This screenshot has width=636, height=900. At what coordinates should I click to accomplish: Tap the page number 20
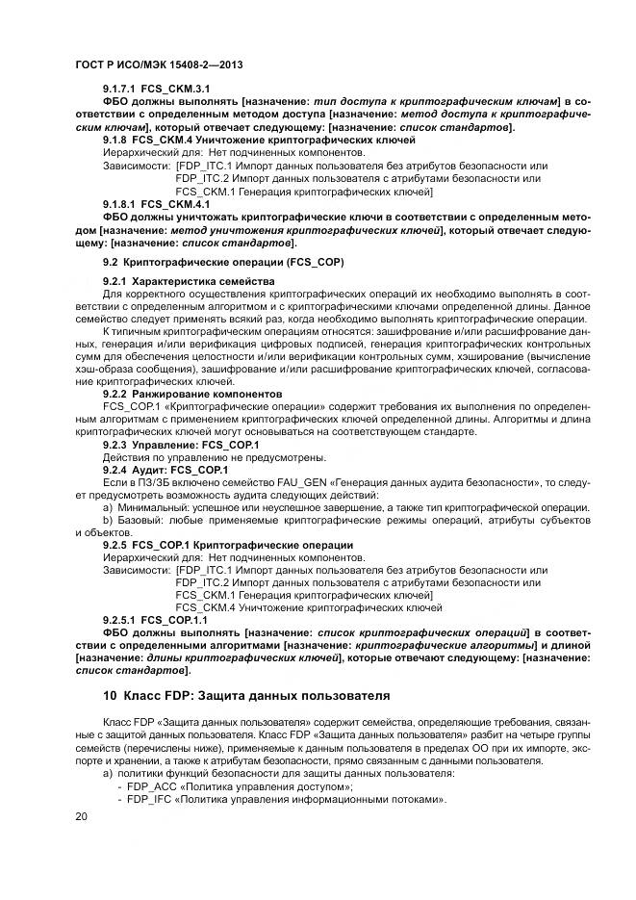(81, 816)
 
